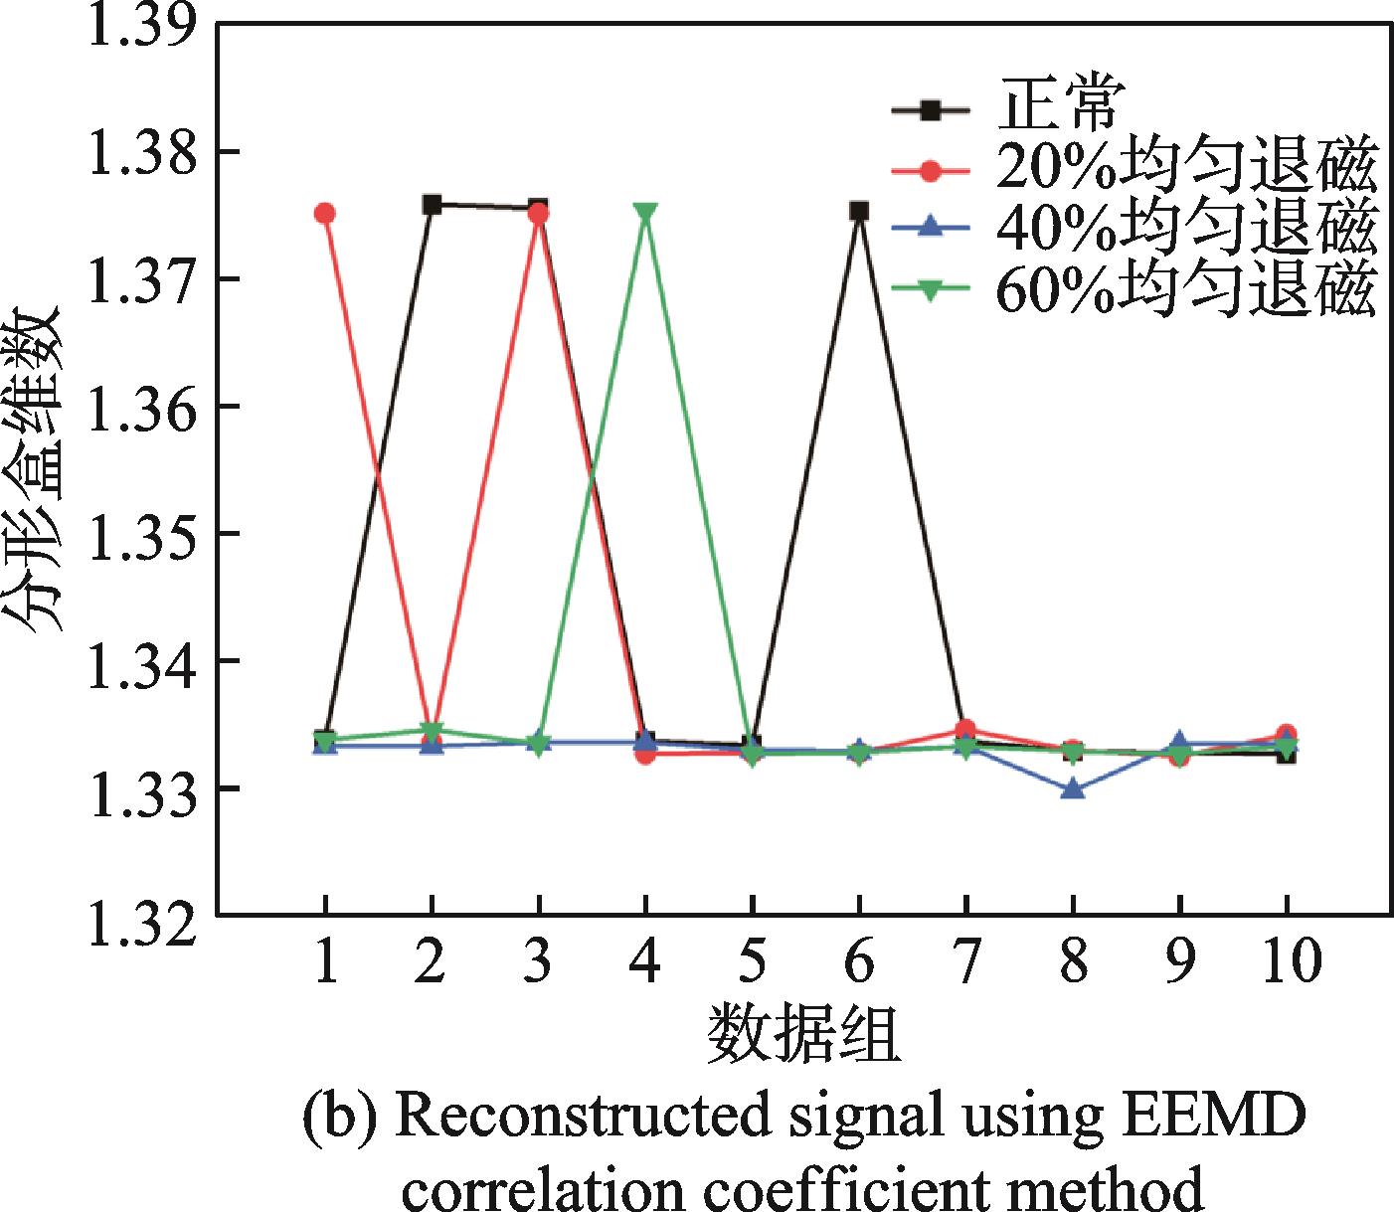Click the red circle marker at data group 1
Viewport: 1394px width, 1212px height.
tap(324, 214)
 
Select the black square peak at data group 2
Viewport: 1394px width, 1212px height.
tap(432, 205)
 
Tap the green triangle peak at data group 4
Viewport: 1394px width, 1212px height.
tap(645, 213)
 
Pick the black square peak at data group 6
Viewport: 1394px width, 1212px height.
tap(859, 211)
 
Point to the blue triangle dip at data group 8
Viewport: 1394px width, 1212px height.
tap(1073, 789)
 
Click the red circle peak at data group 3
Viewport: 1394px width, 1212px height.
tap(539, 214)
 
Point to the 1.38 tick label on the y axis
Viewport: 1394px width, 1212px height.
tap(138, 152)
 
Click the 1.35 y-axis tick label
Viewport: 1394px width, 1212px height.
tap(138, 534)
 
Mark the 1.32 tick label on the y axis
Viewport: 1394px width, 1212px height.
tap(138, 916)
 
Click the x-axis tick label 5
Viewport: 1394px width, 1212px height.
tap(753, 961)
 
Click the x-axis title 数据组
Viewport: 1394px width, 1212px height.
tap(803, 1036)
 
